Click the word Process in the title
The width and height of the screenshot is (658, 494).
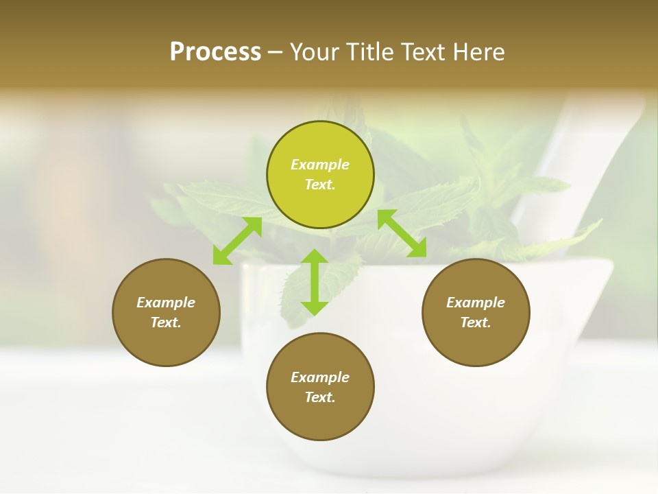(215, 52)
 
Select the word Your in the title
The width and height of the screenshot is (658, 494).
(312, 52)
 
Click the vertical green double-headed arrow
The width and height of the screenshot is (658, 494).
(315, 282)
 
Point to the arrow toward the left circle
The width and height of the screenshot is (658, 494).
(237, 241)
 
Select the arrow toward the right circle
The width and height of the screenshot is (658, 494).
(402, 233)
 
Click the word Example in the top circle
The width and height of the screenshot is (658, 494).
(320, 165)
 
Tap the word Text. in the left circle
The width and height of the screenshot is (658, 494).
(166, 322)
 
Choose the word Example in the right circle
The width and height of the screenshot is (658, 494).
(475, 303)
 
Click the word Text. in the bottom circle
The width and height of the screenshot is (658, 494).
(320, 397)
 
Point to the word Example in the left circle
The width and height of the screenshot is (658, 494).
(166, 303)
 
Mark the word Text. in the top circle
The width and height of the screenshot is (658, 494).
(320, 185)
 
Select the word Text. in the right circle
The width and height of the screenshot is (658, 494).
(475, 322)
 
